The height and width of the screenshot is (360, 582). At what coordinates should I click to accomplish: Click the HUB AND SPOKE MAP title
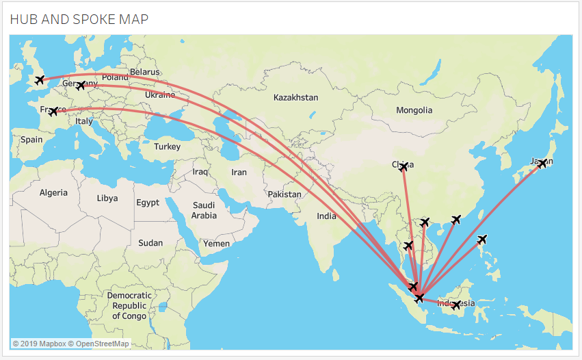point(79,19)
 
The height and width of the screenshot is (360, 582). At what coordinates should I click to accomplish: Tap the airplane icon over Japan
point(542,164)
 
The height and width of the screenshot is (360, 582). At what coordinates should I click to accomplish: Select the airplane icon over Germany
point(81,86)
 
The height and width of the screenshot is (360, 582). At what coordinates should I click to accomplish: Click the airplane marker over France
point(53,112)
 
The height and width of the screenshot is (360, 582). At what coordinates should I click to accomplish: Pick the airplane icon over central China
point(404,166)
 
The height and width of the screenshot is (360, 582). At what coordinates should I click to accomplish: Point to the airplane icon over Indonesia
point(456,305)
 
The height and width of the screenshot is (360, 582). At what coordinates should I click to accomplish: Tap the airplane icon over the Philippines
point(482,240)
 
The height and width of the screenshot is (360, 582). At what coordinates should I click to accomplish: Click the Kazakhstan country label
point(295,98)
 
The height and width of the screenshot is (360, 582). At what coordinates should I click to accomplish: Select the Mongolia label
point(414,110)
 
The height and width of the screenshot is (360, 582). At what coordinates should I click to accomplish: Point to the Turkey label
point(167,146)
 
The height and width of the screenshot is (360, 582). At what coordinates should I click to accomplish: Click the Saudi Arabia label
point(204,210)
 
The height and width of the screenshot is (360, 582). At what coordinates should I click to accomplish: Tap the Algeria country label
point(53,193)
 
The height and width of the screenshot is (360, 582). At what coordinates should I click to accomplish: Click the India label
point(326,216)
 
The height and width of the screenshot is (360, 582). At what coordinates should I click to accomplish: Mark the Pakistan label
point(285,194)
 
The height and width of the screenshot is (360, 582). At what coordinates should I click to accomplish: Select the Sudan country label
point(150,243)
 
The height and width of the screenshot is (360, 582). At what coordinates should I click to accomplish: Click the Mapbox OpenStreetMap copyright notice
point(71,343)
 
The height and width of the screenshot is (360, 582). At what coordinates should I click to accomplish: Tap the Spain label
point(31,140)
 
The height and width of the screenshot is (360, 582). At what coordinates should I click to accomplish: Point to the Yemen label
point(216,244)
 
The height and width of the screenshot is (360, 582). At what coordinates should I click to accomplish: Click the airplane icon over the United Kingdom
point(40,80)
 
